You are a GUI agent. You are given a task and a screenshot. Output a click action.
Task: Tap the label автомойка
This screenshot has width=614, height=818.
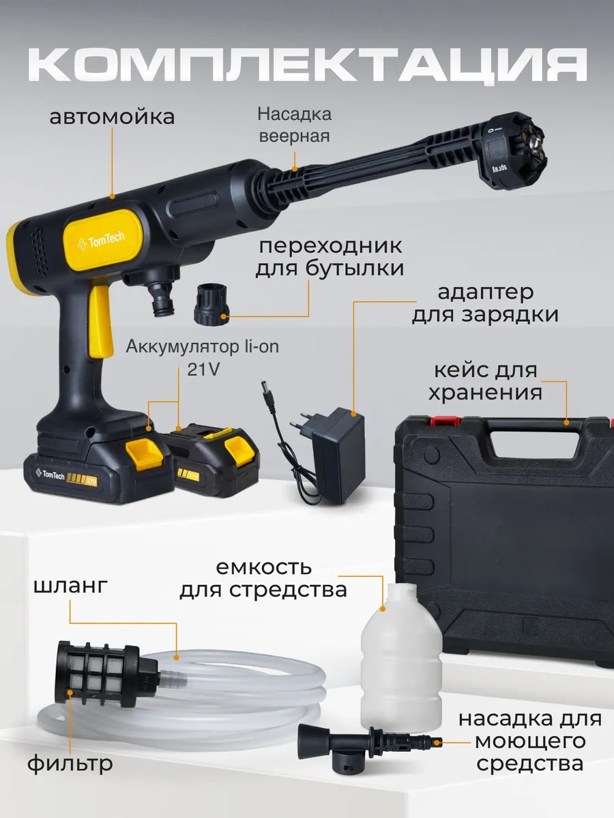click(112, 117)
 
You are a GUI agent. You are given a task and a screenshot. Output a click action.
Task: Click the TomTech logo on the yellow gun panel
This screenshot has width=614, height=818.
click(101, 241)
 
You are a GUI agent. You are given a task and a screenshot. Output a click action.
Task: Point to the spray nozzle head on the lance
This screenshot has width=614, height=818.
click(516, 150)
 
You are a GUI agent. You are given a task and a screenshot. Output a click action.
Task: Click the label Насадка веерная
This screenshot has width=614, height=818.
click(294, 125)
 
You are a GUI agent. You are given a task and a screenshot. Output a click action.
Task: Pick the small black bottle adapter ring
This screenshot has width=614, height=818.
click(211, 304)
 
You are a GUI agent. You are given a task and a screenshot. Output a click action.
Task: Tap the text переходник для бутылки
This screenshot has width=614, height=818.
click(330, 257)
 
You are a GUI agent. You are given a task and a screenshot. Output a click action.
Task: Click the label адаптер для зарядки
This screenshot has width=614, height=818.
click(485, 303)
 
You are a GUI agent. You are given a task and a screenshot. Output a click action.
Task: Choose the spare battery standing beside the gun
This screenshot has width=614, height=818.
click(216, 460)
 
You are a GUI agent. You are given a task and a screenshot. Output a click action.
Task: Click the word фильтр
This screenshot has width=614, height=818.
click(70, 763)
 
